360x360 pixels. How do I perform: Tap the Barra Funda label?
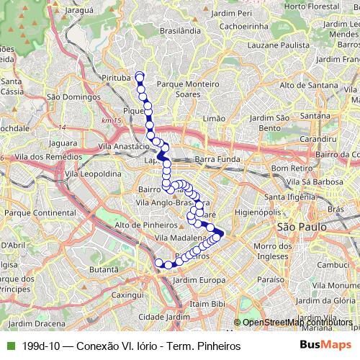(215, 158)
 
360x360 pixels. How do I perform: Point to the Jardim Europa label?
(195, 279)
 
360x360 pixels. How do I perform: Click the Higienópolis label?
(266, 212)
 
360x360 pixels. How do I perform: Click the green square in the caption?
(9, 346)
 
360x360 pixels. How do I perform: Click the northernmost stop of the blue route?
(139, 76)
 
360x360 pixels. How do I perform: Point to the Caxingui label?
(128, 295)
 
